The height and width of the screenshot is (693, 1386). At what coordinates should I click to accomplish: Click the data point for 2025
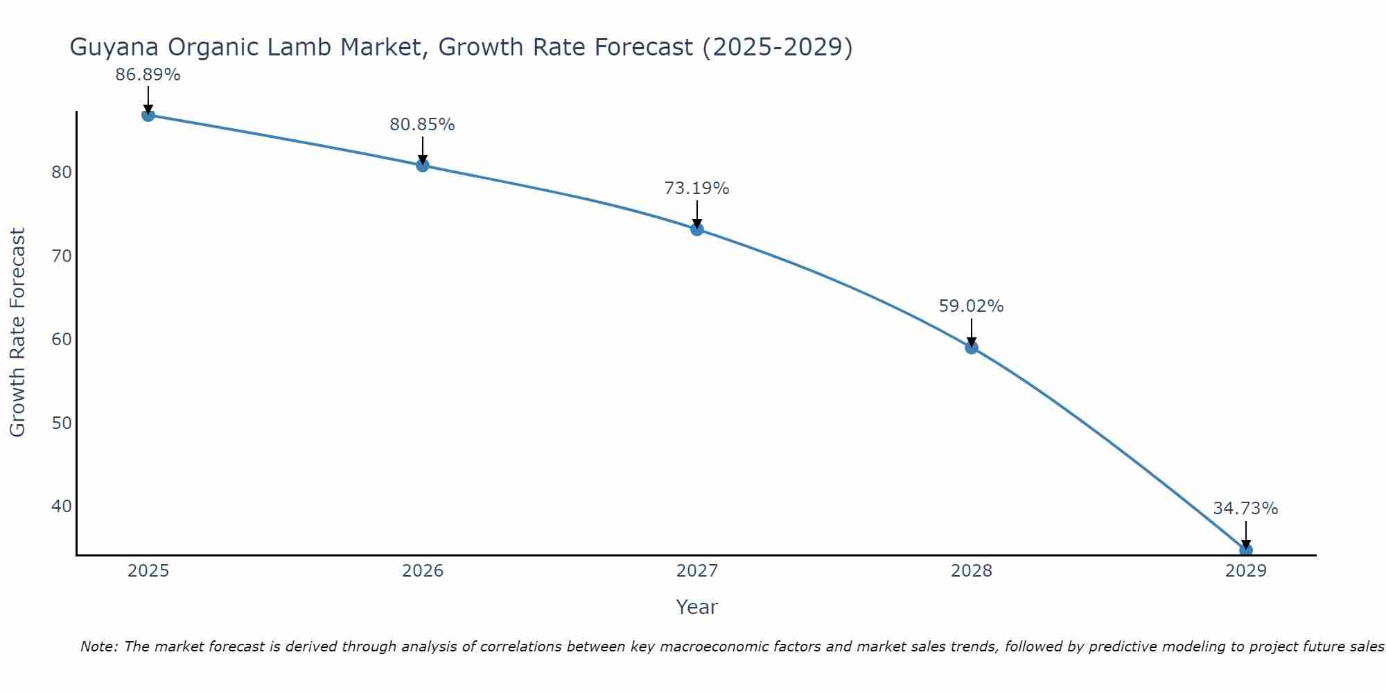coord(148,115)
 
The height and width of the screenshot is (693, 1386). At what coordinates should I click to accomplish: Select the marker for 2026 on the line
coord(422,165)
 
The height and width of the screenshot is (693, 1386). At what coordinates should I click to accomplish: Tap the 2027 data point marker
coord(697,229)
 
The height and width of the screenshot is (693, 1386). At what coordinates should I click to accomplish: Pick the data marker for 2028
coord(972,347)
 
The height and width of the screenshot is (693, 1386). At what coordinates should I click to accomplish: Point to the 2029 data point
coord(1245,550)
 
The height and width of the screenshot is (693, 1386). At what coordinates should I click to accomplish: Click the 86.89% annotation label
coord(148,75)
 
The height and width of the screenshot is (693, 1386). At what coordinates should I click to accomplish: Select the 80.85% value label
coord(422,125)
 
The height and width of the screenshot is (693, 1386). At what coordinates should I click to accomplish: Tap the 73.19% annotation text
coord(696,188)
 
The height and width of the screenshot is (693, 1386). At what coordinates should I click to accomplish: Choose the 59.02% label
coord(971,306)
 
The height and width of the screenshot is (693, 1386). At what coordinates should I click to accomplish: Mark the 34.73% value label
coord(1245,509)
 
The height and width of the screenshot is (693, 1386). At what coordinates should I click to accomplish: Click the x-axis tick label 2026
coord(423,571)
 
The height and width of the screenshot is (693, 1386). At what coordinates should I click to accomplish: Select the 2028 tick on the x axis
coord(972,571)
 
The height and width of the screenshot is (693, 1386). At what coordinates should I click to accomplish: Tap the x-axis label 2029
coord(1245,571)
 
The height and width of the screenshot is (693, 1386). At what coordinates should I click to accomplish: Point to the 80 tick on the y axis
coord(62,173)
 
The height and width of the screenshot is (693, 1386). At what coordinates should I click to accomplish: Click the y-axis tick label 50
coord(62,423)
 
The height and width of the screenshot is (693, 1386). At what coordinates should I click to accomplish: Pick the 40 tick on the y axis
coord(62,507)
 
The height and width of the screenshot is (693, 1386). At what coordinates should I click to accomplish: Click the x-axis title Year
coord(696,607)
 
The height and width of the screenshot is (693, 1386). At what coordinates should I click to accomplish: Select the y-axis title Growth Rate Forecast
coord(18,332)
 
